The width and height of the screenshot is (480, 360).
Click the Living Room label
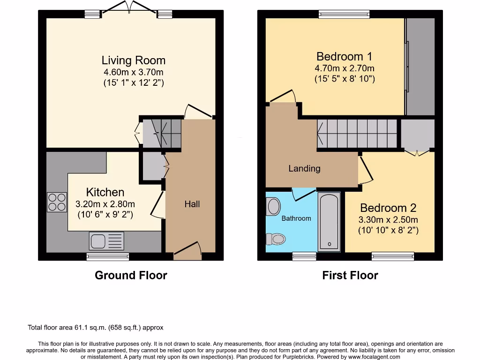pos(134,60)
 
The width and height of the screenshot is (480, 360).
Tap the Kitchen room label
pos(105,192)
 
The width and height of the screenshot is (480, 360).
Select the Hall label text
pos(192,204)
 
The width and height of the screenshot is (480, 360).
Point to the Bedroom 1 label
pos(344,57)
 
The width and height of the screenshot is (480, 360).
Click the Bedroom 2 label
pos(388,208)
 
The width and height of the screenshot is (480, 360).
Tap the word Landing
pos(304,168)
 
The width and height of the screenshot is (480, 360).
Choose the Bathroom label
pos(296,218)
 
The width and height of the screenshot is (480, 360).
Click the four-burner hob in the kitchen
pos(57,202)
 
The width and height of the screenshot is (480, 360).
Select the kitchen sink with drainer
pos(106,241)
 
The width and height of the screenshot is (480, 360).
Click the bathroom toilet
pos(276,239)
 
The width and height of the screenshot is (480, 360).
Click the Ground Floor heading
pos(131,275)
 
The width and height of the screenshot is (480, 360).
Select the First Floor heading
pos(350,275)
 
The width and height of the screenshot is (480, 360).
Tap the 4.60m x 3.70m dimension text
pos(134,72)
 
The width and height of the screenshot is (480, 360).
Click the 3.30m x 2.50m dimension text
pos(388,219)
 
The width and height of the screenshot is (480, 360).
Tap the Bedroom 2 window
pos(393,256)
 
